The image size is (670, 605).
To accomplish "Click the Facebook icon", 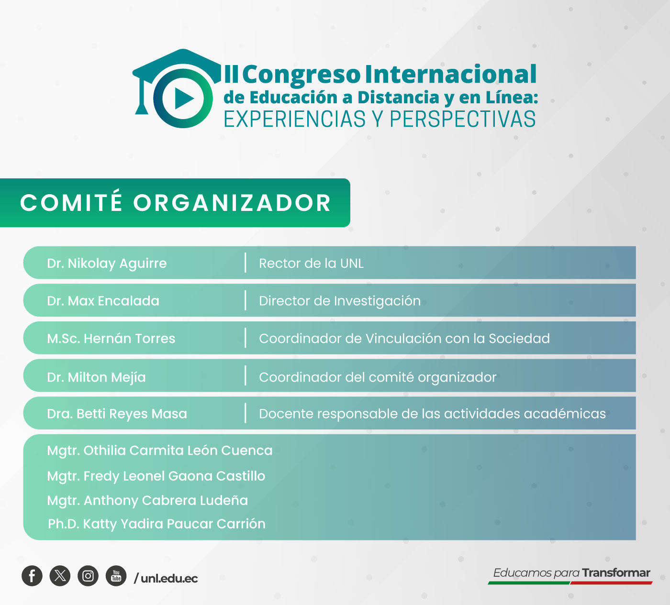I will [x=32, y=576].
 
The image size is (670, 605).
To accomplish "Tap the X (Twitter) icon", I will [x=60, y=576].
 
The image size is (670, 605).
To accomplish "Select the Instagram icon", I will [x=88, y=576].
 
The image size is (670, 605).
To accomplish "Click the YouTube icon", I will [x=116, y=576].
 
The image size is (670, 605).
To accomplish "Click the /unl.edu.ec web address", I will [x=166, y=578].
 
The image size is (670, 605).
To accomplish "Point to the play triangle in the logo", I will [x=184, y=99].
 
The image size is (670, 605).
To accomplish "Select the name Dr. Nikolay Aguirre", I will [x=107, y=263].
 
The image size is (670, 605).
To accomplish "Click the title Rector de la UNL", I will [x=311, y=263].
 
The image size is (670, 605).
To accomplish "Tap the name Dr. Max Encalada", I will [x=103, y=301].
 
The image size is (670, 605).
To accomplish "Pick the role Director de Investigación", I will [x=339, y=301].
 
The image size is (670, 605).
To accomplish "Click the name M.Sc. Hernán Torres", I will [x=111, y=339].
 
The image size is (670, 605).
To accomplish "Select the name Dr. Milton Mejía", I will [x=96, y=377].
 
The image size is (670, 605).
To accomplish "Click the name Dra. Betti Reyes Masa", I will [x=117, y=414].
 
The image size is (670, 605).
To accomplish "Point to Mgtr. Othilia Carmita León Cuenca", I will [x=159, y=451].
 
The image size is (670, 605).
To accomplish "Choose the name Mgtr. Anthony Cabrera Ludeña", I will [x=147, y=500].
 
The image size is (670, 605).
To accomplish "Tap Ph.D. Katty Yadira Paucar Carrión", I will [x=156, y=524].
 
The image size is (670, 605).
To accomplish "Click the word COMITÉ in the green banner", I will [x=71, y=203].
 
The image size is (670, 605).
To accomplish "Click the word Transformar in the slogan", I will [x=616, y=572].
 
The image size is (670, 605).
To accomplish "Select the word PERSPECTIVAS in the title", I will [x=462, y=120].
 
